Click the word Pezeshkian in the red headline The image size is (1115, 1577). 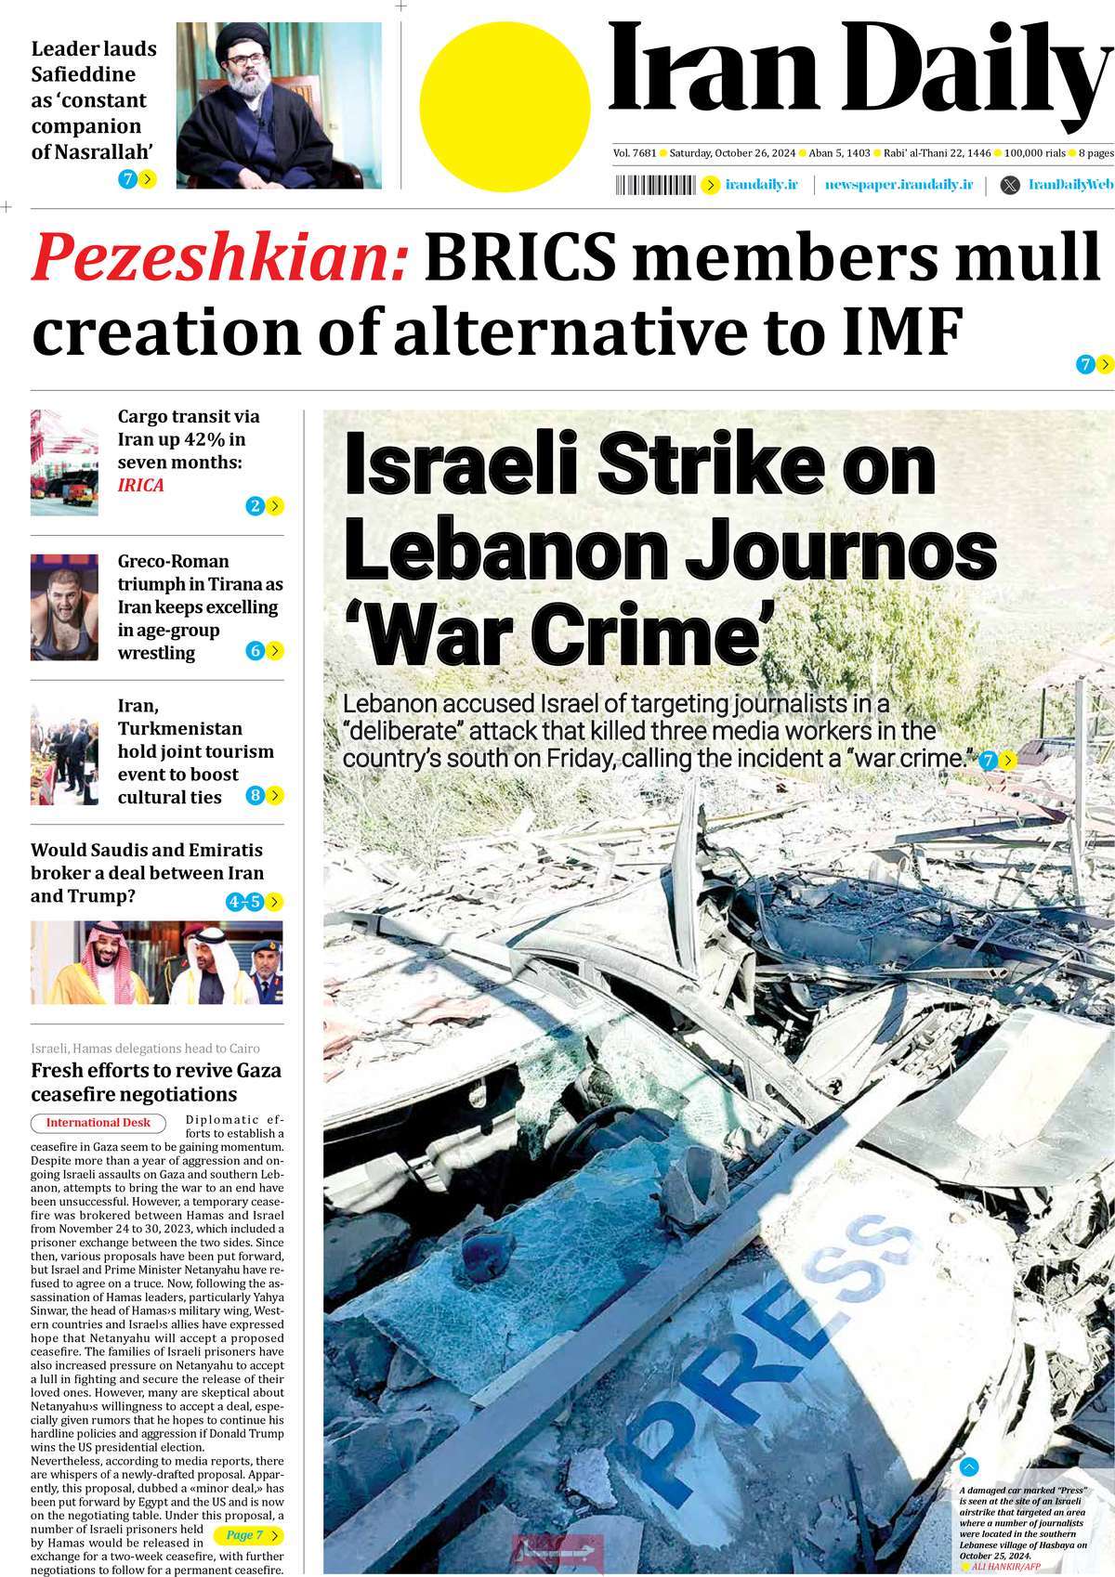click(x=220, y=257)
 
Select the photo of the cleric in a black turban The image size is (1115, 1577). click(x=279, y=105)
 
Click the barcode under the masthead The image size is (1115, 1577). click(x=654, y=186)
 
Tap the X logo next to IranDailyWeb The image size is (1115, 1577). click(x=1009, y=186)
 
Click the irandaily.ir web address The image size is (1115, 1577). click(x=761, y=186)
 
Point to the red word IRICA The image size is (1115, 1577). click(x=140, y=485)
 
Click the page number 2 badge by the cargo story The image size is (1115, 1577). click(x=256, y=506)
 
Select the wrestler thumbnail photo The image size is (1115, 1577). click(x=64, y=607)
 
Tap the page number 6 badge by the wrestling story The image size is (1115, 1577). click(x=256, y=651)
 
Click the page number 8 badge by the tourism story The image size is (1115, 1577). click(x=256, y=796)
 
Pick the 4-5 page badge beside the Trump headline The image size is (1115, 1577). click(x=244, y=902)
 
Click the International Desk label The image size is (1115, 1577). click(x=98, y=1123)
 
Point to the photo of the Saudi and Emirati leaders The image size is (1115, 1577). click(x=156, y=962)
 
